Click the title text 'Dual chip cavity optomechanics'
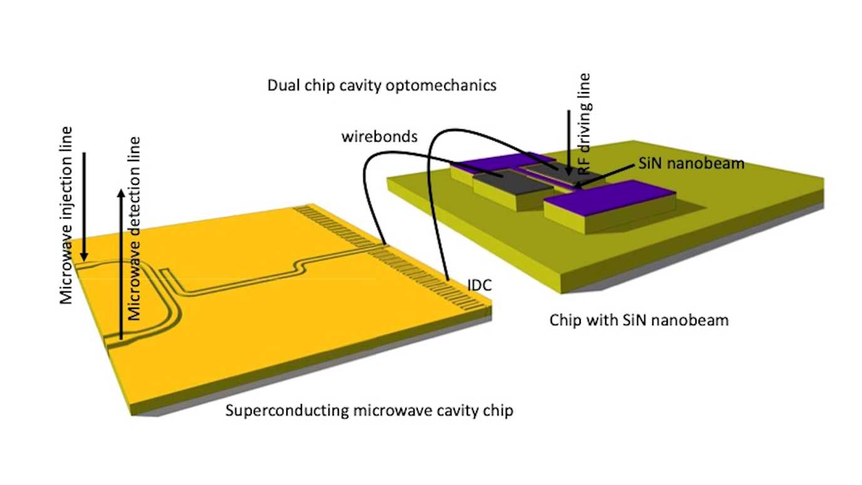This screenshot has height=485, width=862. [x=382, y=85]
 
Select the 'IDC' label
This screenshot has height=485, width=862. [x=480, y=286]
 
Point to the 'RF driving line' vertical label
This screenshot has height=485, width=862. [x=586, y=123]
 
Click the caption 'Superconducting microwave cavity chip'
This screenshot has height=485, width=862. [x=369, y=412]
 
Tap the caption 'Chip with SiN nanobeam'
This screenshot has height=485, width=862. [x=639, y=320]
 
